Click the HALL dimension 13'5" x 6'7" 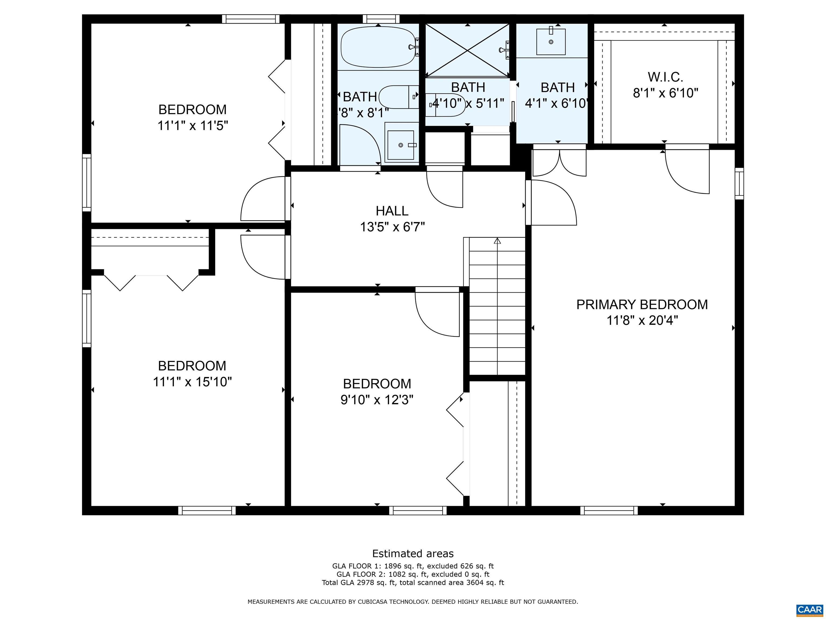(x=392, y=227)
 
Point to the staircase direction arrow (x=497, y=241)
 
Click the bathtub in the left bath (x=378, y=47)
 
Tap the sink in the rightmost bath (x=551, y=42)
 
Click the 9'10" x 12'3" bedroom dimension (x=377, y=400)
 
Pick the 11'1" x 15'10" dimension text (x=192, y=382)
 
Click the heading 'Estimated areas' (x=413, y=553)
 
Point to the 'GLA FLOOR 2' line (x=413, y=574)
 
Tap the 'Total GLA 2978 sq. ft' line (x=413, y=582)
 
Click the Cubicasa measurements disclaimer (x=413, y=602)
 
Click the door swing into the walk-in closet (x=687, y=172)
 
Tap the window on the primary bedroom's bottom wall (x=609, y=510)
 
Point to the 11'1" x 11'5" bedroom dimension (x=192, y=126)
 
